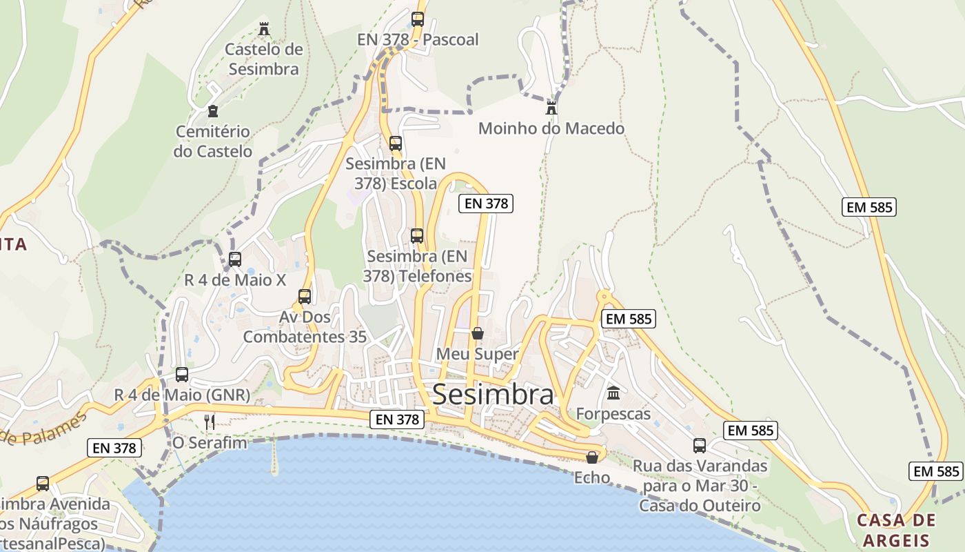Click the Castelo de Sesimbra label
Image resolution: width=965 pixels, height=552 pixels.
(x=264, y=59)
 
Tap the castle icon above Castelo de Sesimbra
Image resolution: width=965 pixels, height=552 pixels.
(x=263, y=29)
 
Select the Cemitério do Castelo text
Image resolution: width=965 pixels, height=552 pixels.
(x=213, y=141)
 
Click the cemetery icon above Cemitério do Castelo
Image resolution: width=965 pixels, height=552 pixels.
(x=213, y=111)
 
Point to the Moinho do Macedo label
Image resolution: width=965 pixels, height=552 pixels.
(x=551, y=128)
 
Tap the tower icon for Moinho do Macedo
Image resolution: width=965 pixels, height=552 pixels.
(x=551, y=108)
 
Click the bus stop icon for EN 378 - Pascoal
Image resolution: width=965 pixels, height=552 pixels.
(x=418, y=19)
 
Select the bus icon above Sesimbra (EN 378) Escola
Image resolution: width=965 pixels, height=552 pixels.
(x=396, y=144)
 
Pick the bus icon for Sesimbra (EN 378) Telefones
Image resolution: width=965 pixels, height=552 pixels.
(x=417, y=236)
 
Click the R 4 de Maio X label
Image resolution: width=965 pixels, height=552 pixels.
(x=235, y=280)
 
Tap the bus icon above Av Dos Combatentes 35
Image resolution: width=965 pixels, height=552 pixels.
(x=305, y=297)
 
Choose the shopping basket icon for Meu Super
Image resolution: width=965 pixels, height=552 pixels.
(x=478, y=334)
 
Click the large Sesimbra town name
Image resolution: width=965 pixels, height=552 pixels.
(x=493, y=395)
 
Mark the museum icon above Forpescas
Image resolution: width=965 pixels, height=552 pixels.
(x=613, y=393)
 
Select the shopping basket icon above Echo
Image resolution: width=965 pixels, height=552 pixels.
(x=592, y=457)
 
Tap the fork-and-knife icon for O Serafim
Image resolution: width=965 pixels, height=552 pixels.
(x=210, y=422)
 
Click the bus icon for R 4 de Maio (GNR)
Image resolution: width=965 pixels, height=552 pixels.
(x=182, y=375)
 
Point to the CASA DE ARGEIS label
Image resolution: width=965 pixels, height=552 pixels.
(x=896, y=529)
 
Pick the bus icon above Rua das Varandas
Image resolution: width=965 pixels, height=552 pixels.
(x=700, y=446)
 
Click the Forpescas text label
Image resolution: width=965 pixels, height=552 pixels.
(x=613, y=414)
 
